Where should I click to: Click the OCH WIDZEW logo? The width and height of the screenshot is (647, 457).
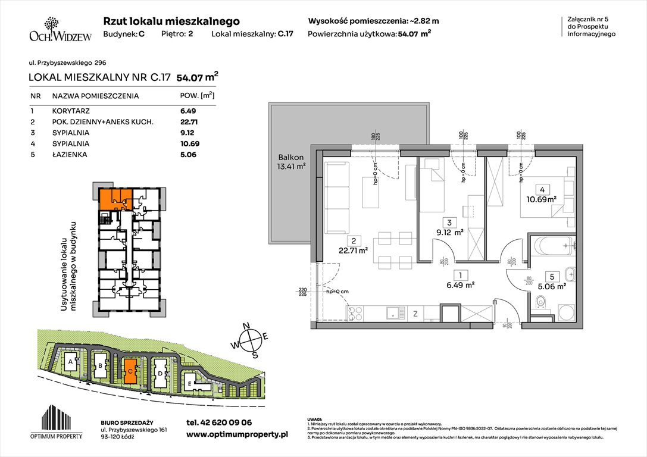pos(60,30)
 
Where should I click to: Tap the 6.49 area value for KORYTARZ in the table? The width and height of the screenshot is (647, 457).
pos(188,111)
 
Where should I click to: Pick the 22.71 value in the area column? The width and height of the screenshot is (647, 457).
pos(189,122)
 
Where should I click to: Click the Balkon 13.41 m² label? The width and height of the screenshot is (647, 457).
pos(290,162)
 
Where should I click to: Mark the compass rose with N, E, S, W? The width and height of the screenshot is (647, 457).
pos(253,340)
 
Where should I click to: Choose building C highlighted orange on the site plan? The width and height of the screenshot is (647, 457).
pos(130,370)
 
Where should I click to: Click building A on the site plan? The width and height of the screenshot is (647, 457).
pos(71,362)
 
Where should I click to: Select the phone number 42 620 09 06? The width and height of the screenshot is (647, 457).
pos(219,422)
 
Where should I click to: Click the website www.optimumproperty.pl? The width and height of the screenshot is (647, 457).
pos(237,435)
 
